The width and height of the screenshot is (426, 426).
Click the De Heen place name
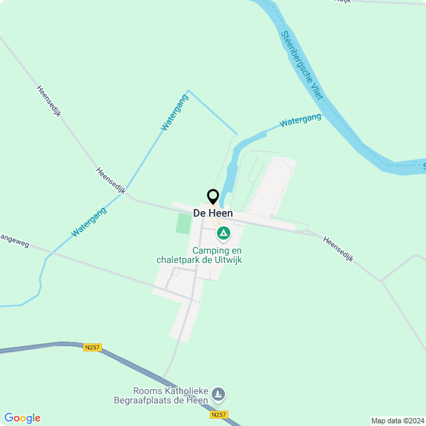coord(213,213)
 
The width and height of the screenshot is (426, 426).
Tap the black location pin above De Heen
coord(213,197)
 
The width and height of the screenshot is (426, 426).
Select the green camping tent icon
coord(224,234)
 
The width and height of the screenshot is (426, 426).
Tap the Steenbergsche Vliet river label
coord(302,65)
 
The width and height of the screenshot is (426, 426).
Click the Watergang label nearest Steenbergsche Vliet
coord(300,120)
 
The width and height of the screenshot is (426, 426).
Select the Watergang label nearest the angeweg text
coord(89,222)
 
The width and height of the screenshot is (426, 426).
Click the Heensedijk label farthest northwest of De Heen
coord(49,101)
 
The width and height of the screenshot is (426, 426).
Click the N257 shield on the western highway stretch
coord(93,347)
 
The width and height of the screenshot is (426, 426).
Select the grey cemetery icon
coord(217,396)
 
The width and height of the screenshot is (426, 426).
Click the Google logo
coord(22,417)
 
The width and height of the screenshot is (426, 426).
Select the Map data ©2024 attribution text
coord(397,421)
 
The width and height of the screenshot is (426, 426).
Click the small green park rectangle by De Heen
coord(183,223)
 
